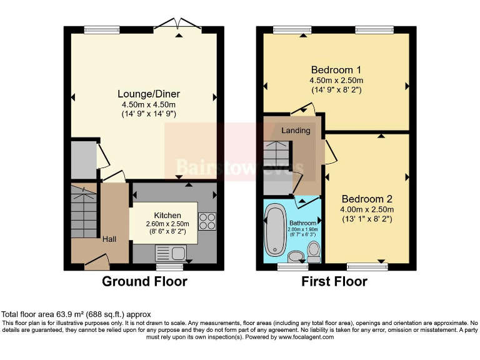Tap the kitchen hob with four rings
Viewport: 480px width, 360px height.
pyautogui.click(x=207, y=222)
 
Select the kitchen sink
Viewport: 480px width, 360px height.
pyautogui.click(x=170, y=252)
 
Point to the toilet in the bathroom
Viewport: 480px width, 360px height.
pyautogui.click(x=314, y=251)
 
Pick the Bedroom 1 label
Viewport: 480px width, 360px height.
pyautogui.click(x=336, y=69)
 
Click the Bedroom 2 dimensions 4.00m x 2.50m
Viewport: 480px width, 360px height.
pyautogui.click(x=367, y=209)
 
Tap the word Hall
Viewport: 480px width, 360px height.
pyautogui.click(x=109, y=238)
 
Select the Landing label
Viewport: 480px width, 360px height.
pyautogui.click(x=296, y=131)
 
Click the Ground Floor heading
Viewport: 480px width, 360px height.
pyautogui.click(x=144, y=282)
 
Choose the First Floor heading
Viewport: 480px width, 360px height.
pyautogui.click(x=334, y=282)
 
